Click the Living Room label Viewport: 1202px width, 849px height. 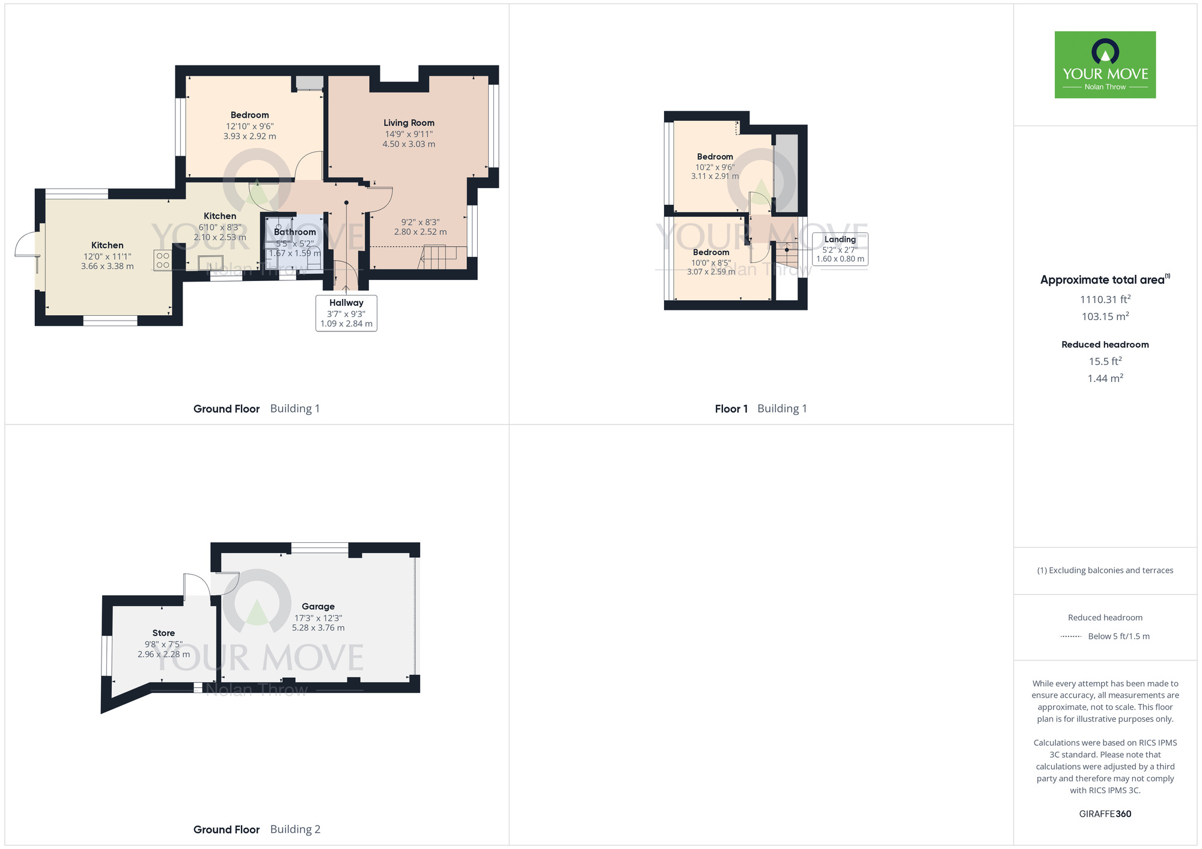[x=409, y=122]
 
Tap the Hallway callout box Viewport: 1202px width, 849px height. [x=346, y=313]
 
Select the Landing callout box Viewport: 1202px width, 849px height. [x=840, y=249]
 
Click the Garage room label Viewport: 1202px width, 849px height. [x=318, y=606]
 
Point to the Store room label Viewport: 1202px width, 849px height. [x=163, y=633]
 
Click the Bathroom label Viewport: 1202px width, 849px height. [x=294, y=232]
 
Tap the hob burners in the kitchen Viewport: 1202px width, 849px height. [x=163, y=260]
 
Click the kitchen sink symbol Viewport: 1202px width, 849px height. [x=210, y=262]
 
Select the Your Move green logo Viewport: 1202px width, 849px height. [x=1105, y=65]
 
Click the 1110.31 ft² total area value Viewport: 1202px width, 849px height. [x=1105, y=299]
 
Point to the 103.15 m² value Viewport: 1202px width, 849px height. [x=1105, y=316]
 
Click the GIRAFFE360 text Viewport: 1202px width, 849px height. [x=1105, y=814]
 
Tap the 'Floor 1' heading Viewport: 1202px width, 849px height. [x=731, y=409]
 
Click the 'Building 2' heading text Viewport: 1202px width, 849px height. [x=295, y=829]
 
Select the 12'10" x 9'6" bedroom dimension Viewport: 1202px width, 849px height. [x=249, y=126]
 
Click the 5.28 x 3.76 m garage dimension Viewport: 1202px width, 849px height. [x=318, y=627]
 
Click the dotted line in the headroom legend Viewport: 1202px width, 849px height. [x=1071, y=636]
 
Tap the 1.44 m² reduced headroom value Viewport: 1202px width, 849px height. [x=1105, y=378]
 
